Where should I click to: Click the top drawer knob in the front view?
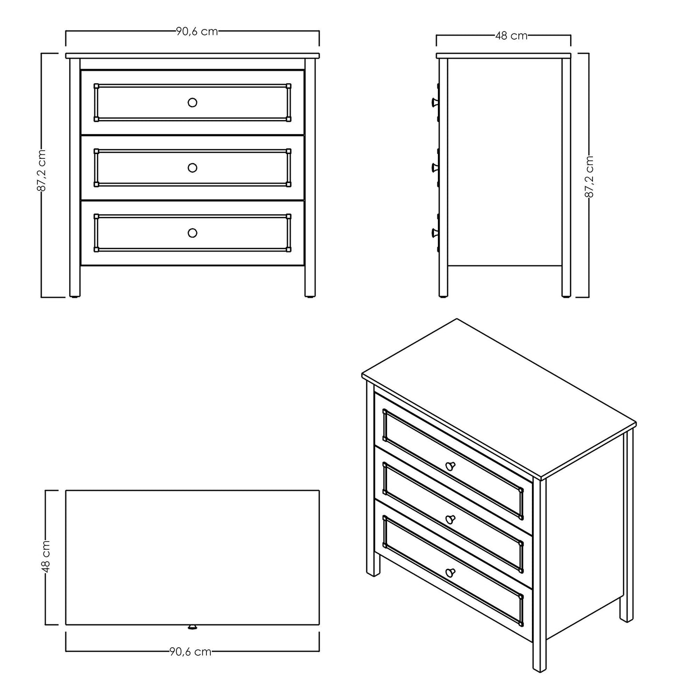(x=192, y=102)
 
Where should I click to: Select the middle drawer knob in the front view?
(x=192, y=168)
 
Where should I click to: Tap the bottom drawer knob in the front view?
(x=192, y=233)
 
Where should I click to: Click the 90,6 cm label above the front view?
(x=197, y=31)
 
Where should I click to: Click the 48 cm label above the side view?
(x=511, y=35)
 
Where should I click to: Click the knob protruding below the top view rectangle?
(x=192, y=627)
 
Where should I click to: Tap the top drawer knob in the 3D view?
(x=450, y=466)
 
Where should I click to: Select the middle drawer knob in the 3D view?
(x=450, y=519)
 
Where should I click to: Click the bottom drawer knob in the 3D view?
(x=450, y=573)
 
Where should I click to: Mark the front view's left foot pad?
(x=75, y=297)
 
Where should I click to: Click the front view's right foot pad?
(x=310, y=297)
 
